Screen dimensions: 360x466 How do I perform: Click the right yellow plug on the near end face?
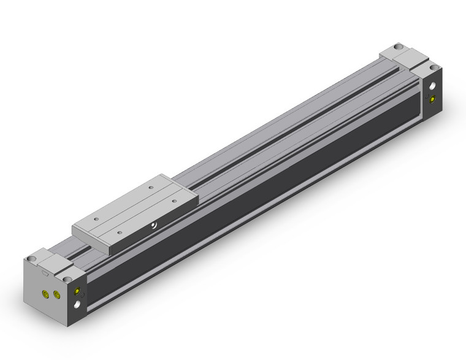pyautogui.click(x=58, y=296)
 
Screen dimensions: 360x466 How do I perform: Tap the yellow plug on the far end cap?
pyautogui.click(x=434, y=99)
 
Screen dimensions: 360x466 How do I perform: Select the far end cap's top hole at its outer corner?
pyautogui.click(x=434, y=67)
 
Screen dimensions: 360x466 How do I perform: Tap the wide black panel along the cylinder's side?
pyautogui.click(x=258, y=202)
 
